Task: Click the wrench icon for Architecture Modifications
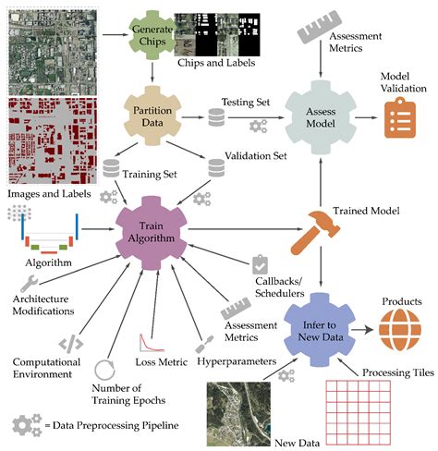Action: pyautogui.click(x=29, y=281)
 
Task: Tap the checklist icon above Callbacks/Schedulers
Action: pyautogui.click(x=260, y=266)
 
